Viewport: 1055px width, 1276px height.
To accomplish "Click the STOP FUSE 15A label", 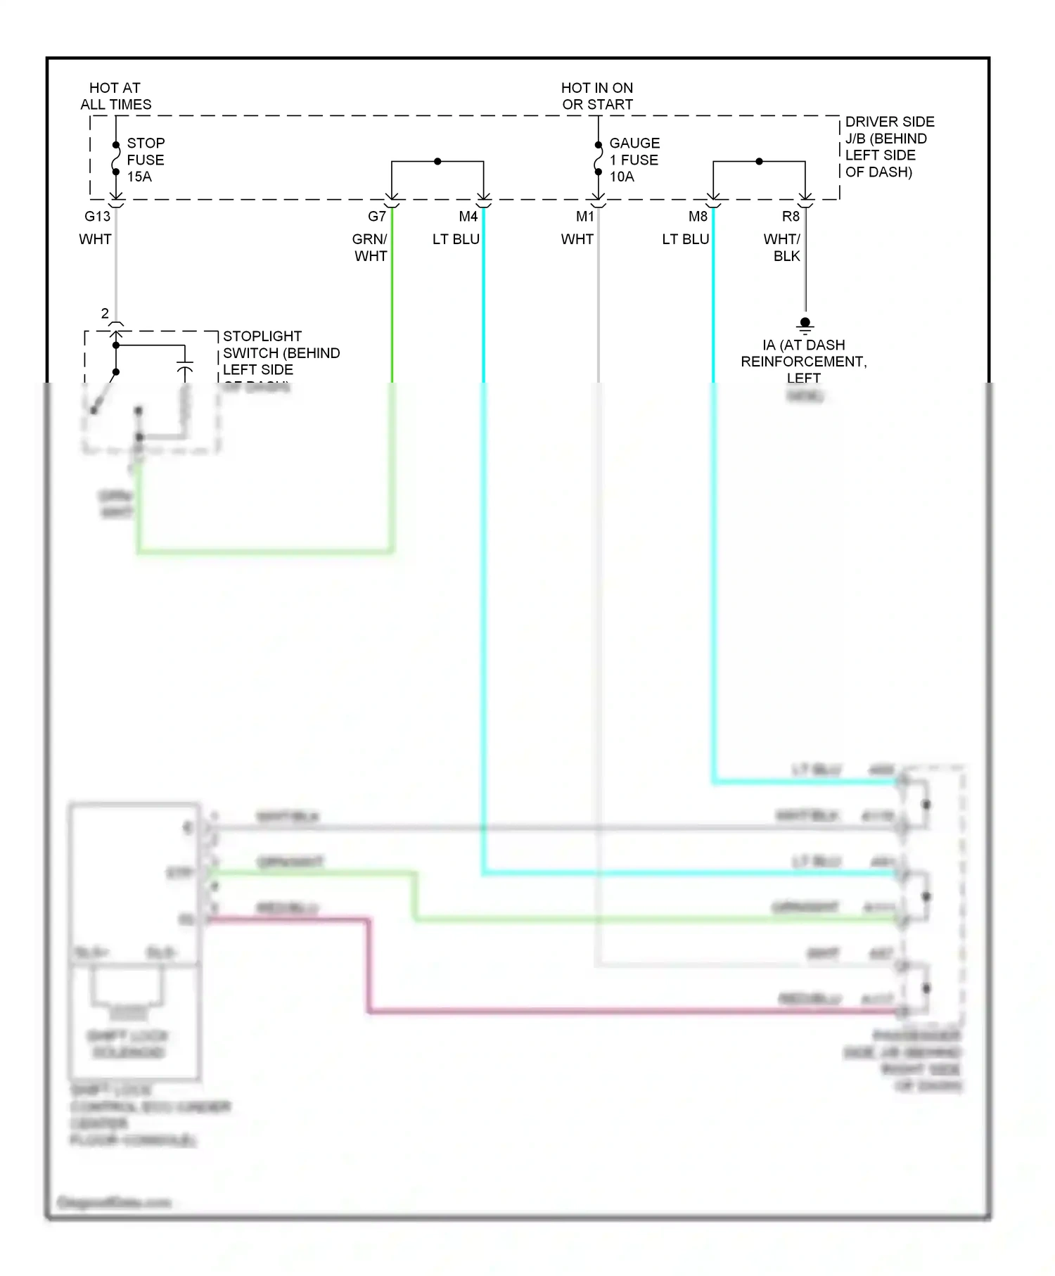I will [145, 160].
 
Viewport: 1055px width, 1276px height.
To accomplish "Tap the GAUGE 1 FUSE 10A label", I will [633, 160].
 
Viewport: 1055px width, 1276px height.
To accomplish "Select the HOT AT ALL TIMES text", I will [115, 96].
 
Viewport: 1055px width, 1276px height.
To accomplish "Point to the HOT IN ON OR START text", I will [597, 96].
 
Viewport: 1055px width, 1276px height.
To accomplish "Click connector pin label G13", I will [98, 217].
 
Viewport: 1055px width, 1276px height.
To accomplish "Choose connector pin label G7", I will [377, 217].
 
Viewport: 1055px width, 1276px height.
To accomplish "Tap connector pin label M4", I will [468, 217].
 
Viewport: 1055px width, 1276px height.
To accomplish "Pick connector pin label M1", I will [585, 217].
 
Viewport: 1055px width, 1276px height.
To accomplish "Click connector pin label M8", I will [698, 217].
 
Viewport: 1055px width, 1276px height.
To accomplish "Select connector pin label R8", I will [791, 217].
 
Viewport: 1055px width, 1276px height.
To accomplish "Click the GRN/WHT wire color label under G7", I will [370, 248].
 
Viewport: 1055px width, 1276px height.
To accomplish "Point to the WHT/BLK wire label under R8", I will [782, 248].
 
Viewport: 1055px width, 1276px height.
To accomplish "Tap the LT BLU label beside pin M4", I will [456, 239].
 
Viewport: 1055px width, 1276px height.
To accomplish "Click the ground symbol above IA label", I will [805, 325].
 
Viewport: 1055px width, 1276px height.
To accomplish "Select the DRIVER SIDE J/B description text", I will [889, 147].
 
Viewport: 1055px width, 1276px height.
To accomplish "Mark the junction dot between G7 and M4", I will [437, 162].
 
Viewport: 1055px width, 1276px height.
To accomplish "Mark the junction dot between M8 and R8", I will [759, 162].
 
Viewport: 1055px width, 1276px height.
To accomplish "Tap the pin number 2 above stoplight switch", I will [105, 314].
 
